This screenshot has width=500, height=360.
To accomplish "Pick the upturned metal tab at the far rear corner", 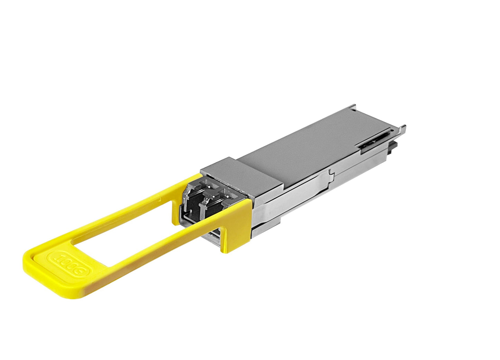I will (353, 107).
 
